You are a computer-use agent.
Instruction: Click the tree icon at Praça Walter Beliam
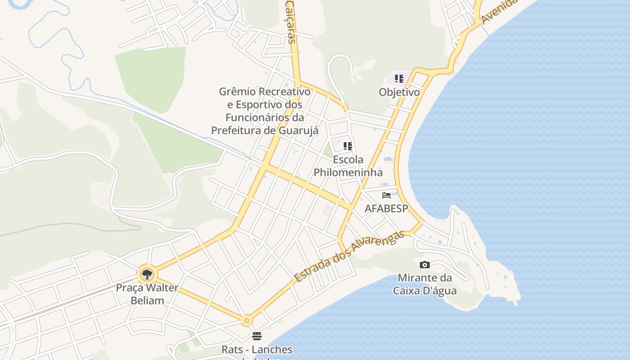pyautogui.click(x=147, y=274)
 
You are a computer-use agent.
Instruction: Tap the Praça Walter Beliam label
pyautogui.click(x=147, y=294)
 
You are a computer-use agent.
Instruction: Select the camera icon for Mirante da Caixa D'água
pyautogui.click(x=424, y=265)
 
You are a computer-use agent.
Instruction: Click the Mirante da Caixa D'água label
pyautogui.click(x=424, y=284)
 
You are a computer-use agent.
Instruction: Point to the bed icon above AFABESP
pyautogui.click(x=386, y=195)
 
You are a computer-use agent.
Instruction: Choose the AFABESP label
pyautogui.click(x=386, y=209)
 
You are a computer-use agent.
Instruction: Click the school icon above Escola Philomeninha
pyautogui.click(x=347, y=146)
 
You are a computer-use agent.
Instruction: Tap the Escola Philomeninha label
pyautogui.click(x=348, y=166)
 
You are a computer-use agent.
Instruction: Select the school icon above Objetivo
pyautogui.click(x=399, y=79)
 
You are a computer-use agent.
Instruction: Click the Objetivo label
pyautogui.click(x=399, y=92)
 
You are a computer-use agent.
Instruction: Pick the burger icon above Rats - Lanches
pyautogui.click(x=257, y=336)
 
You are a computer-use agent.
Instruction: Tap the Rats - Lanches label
pyautogui.click(x=257, y=350)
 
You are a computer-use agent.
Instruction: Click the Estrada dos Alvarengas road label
pyautogui.click(x=346, y=257)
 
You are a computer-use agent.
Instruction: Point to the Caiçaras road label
pyautogui.click(x=291, y=22)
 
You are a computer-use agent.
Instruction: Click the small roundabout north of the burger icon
pyautogui.click(x=246, y=320)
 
